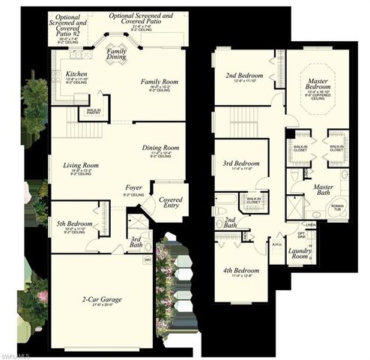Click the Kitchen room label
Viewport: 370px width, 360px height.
pos(76,74)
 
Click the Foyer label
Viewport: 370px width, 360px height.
pos(134,187)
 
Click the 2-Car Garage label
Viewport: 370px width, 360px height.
pos(101,299)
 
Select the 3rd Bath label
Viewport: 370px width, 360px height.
pos(135,241)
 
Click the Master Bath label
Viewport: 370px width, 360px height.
pos(323,188)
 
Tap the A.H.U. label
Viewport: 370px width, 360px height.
pos(276,244)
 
